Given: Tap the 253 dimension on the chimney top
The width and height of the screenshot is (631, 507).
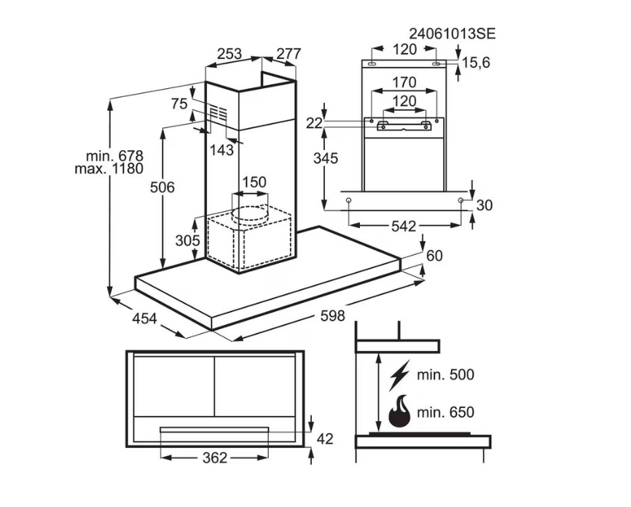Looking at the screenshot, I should (230, 53).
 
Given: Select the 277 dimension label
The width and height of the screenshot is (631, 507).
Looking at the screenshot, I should (288, 53).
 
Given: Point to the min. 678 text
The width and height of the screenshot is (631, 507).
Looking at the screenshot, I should (114, 155).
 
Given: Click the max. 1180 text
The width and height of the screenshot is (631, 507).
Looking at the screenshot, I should (109, 168).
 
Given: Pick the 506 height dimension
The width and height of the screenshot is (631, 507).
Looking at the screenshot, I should (162, 187).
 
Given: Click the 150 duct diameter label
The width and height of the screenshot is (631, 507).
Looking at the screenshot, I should (254, 182).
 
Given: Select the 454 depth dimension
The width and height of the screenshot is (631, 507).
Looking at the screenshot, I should (146, 318).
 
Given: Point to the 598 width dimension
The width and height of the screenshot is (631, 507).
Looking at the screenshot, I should (332, 316).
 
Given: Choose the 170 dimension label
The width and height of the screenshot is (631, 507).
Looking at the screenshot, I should (404, 82).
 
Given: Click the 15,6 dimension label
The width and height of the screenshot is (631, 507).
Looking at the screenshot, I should (476, 63).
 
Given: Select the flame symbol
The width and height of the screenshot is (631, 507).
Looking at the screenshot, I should (399, 412).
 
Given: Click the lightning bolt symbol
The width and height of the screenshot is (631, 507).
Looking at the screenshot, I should (399, 374).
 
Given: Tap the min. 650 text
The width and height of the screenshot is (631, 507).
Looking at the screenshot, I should (445, 413).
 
